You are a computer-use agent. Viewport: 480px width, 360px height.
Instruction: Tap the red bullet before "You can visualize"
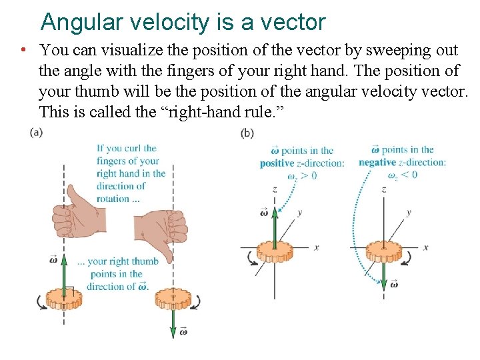(23, 50)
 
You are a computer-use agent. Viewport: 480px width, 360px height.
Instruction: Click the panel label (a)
(36, 132)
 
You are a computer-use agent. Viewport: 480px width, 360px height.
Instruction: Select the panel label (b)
(247, 133)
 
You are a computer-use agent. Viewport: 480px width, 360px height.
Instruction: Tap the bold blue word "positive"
(277, 163)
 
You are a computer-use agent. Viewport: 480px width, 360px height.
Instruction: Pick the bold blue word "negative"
(377, 162)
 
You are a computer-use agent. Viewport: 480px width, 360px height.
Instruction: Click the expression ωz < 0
(402, 175)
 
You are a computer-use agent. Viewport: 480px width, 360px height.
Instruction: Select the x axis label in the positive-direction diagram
(316, 247)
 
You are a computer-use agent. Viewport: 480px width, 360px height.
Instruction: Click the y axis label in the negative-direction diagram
(408, 213)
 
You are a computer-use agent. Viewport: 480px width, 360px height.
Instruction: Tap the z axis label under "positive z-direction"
(275, 189)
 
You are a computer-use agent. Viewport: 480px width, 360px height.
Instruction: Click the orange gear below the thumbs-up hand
(63, 299)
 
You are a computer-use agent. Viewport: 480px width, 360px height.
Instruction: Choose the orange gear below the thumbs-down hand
(173, 300)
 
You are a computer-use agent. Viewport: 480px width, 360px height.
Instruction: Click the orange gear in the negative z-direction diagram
(383, 252)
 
